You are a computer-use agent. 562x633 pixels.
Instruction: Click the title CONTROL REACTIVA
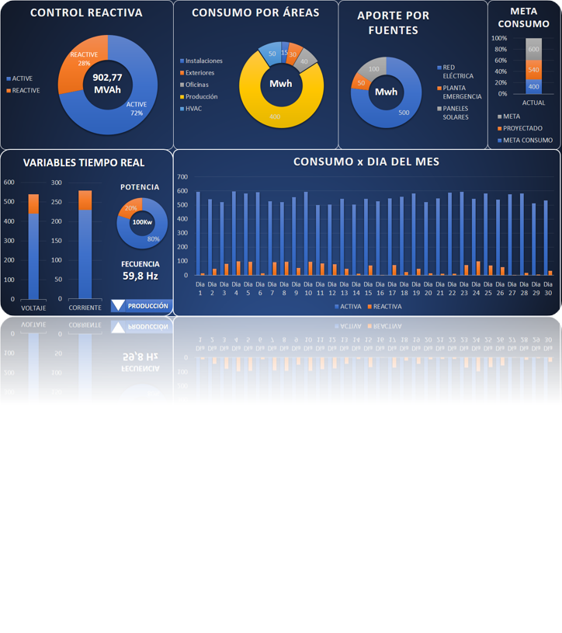pos(85,13)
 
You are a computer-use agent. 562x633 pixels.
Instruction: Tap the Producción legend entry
pos(201,96)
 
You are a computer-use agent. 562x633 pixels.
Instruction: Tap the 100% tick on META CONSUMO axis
pos(499,38)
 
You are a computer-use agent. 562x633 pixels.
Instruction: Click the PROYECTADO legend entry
pos(522,128)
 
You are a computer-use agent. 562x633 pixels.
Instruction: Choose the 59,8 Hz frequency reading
pos(140,275)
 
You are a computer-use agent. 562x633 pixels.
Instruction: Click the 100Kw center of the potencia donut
pos(142,223)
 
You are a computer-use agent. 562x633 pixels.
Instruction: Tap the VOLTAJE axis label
pos(33,308)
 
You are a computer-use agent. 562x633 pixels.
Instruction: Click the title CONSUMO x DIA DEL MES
pos(366,162)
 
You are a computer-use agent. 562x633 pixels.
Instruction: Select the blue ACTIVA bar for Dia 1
pos(198,233)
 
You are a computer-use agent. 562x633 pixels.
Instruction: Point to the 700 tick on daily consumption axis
pos(182,177)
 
